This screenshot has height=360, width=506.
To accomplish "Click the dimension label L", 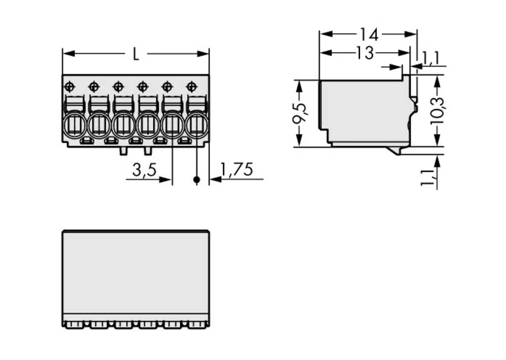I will pyautogui.click(x=135, y=54).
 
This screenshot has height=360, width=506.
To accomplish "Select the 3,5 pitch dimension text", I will pyautogui.click(x=144, y=170).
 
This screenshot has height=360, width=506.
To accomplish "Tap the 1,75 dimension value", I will pyautogui.click(x=237, y=170).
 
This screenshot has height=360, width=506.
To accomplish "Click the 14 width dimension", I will pyautogui.click(x=369, y=34).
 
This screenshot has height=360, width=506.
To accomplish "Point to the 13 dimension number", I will pyautogui.click(x=364, y=53).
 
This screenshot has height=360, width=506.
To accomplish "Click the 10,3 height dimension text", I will pyautogui.click(x=437, y=110).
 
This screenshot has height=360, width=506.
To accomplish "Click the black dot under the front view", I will pyautogui.click(x=196, y=179).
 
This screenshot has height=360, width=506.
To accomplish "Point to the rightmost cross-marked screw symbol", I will pyautogui.click(x=191, y=86).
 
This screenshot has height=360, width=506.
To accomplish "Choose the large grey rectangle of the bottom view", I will pyautogui.click(x=135, y=273).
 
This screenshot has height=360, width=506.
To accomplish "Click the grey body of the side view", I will pyautogui.click(x=364, y=111).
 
